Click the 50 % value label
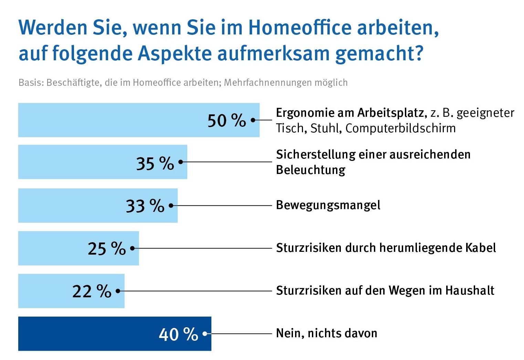pyautogui.click(x=227, y=121)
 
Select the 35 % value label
pyautogui.click(x=155, y=163)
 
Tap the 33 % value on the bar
pyautogui.click(x=145, y=206)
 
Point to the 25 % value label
pyautogui.click(x=107, y=248)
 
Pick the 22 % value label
pyautogui.click(x=92, y=291)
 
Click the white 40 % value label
pyautogui.click(x=178, y=334)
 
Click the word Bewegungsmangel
pyautogui.click(x=328, y=205)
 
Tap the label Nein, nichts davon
pyautogui.click(x=326, y=333)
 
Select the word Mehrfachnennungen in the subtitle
pyautogui.click(x=268, y=83)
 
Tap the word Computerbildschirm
pyautogui.click(x=400, y=128)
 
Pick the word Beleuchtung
pyautogui.click(x=311, y=170)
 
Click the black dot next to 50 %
pyautogui.click(x=253, y=120)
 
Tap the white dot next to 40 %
pyautogui.click(x=205, y=333)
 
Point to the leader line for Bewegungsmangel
pyautogui.click(x=224, y=206)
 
